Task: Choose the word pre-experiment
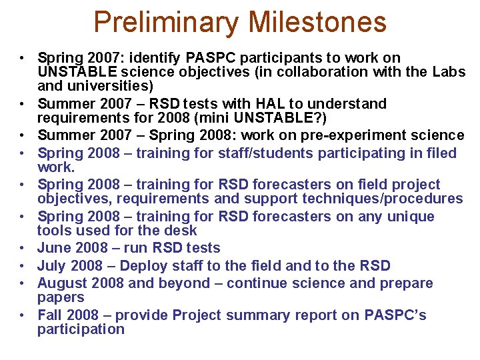coord(363,135)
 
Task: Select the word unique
coord(409,217)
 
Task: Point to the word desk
coord(182,231)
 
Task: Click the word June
coord(53,248)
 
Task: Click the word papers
coord(61,297)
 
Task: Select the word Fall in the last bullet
coord(50,315)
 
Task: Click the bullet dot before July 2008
coord(22,266)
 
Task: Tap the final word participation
coord(81,329)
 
